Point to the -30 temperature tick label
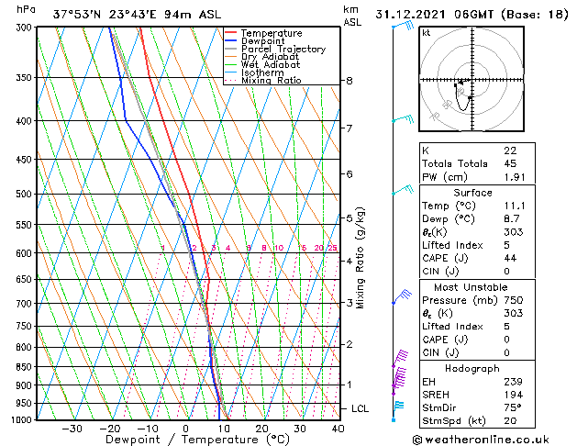(x=72, y=429)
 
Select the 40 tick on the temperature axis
(x=338, y=429)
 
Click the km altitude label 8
(x=350, y=81)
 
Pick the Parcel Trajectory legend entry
(x=283, y=50)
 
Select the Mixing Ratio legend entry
(x=271, y=81)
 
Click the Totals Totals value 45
(x=509, y=163)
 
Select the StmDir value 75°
(x=512, y=408)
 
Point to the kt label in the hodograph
(x=427, y=32)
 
